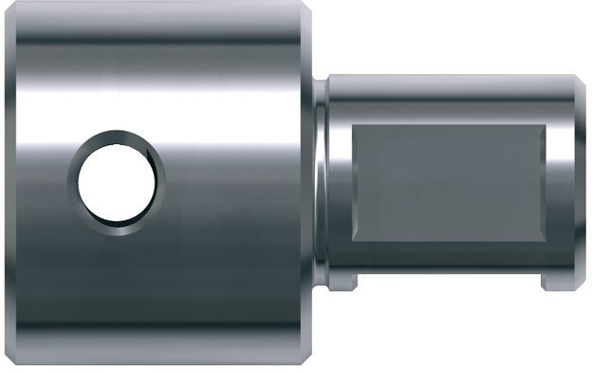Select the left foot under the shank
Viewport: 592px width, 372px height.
[x=345, y=283]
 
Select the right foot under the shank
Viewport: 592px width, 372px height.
[x=557, y=283]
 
